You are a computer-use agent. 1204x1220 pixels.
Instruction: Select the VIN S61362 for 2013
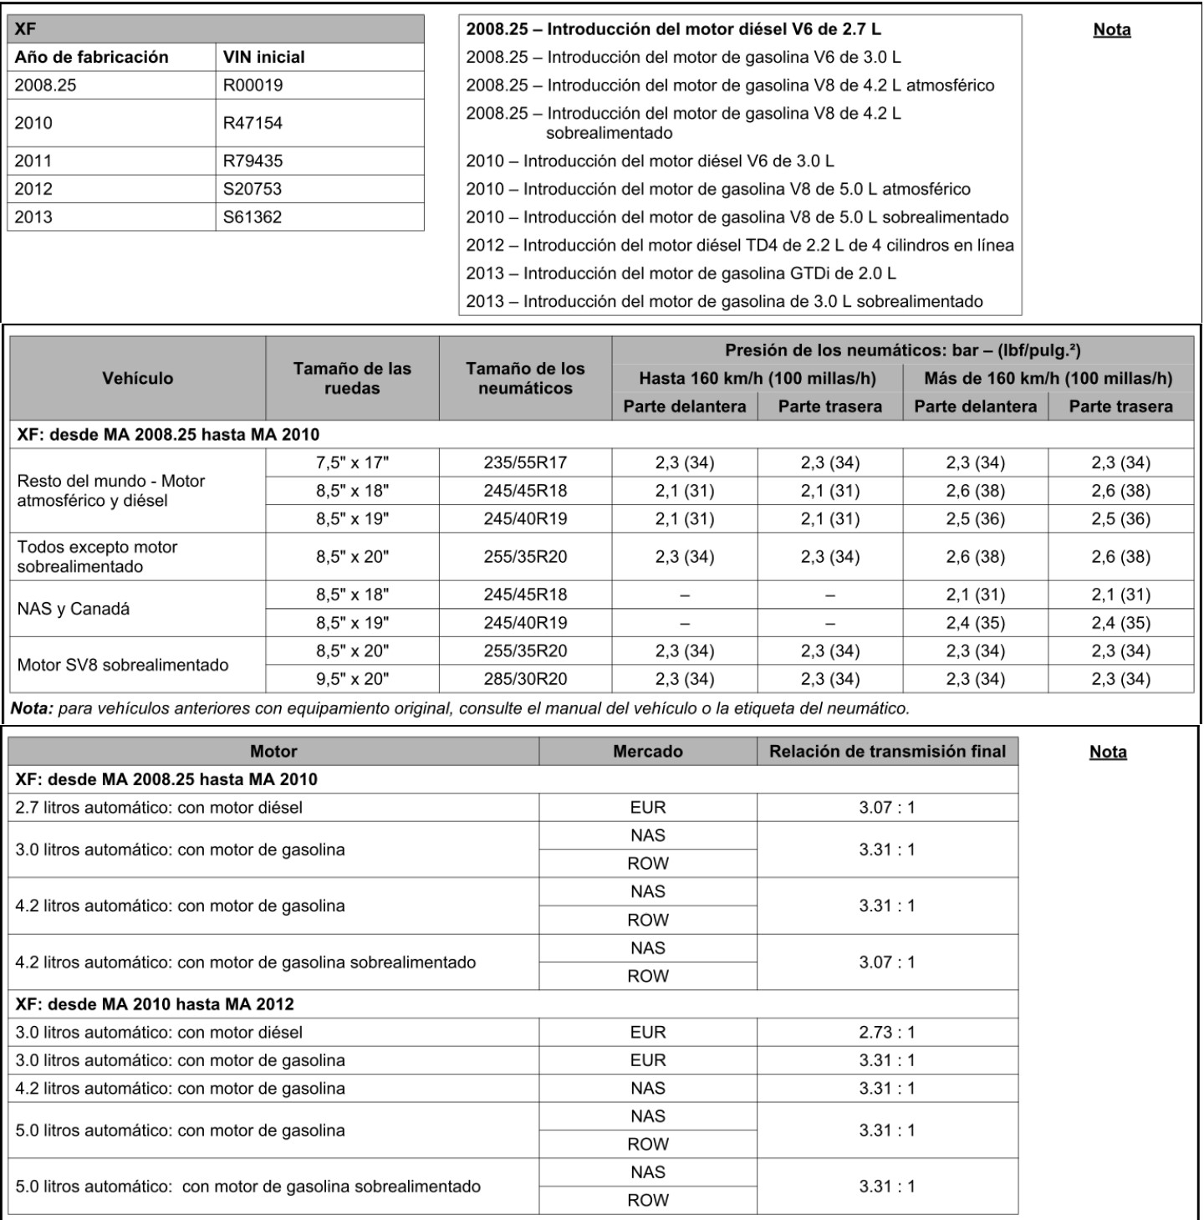coord(253,217)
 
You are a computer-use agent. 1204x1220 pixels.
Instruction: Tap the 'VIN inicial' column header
coord(263,57)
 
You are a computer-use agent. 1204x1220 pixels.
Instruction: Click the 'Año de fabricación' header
coord(92,57)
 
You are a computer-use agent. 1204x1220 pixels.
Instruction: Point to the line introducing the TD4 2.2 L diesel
coord(739,245)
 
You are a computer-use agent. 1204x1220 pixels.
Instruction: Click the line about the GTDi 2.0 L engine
coord(681,273)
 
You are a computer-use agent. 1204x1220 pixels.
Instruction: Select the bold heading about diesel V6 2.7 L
coord(673,29)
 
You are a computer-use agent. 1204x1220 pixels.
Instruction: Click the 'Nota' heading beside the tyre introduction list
coord(1112,30)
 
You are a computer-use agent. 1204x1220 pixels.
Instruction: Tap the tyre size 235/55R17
coord(525,462)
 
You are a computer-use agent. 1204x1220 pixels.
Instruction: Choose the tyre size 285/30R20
coord(525,679)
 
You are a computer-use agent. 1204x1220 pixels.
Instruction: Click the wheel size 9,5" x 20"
coord(352,679)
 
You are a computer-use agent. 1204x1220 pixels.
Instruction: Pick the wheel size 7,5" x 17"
coord(352,462)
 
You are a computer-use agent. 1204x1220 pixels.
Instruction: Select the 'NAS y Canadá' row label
coord(74,609)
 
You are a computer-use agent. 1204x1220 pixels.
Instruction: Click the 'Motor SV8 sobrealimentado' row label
coord(123,665)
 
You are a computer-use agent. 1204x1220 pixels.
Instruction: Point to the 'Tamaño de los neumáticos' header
coord(525,378)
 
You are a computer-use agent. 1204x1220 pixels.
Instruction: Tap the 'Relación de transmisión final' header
coord(887,751)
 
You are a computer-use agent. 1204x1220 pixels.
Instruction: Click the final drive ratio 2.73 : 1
coord(887,1032)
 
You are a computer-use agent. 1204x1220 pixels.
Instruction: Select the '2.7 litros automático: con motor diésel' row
coord(159,807)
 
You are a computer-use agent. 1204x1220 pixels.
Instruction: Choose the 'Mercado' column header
coord(647,751)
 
